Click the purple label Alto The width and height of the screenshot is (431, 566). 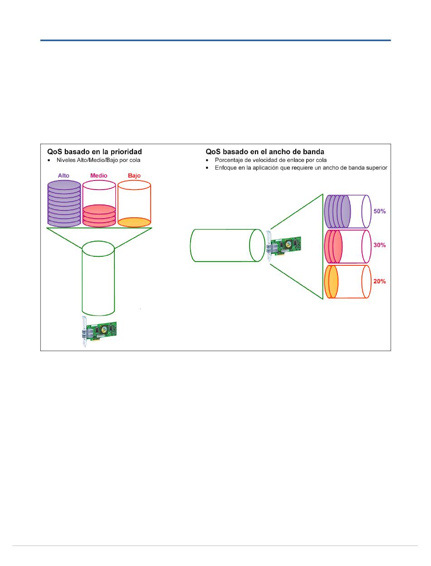point(64,175)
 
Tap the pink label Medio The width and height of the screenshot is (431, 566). point(99,175)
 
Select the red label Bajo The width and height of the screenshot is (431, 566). point(134,175)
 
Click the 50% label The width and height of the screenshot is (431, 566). point(379,211)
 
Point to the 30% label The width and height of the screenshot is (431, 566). point(379,245)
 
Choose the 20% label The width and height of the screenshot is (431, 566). point(379,281)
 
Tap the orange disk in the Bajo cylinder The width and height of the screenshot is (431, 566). point(134,222)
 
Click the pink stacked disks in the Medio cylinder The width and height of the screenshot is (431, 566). point(99,215)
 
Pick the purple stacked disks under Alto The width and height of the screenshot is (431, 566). point(64,204)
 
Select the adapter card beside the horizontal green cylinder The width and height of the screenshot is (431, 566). point(284,245)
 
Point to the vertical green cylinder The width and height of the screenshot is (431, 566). point(98,279)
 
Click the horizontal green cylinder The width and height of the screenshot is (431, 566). point(225,245)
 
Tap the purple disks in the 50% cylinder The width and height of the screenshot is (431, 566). point(338,211)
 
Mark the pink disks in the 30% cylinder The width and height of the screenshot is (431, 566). point(333,246)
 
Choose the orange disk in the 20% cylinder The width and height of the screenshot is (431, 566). point(332,282)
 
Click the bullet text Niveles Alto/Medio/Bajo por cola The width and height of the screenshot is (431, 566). point(99,160)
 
